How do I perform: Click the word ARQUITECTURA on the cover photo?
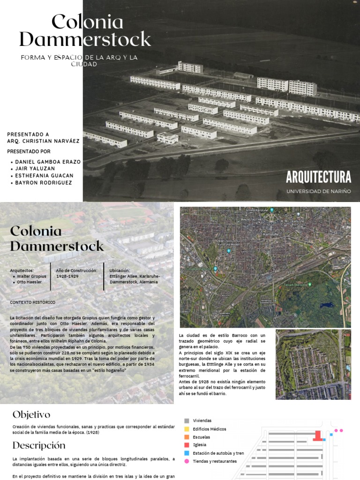(x=318, y=177)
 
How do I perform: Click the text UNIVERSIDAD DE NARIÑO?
(x=318, y=191)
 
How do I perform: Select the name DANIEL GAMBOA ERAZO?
(x=48, y=162)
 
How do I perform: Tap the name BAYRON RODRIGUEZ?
(x=44, y=183)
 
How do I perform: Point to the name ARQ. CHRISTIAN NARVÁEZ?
(x=43, y=141)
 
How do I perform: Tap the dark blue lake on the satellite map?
(x=325, y=305)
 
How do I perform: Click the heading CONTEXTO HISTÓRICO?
(x=32, y=302)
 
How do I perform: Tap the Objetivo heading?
(x=31, y=414)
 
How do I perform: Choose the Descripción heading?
(x=39, y=445)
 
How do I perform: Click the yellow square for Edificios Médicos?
(x=187, y=429)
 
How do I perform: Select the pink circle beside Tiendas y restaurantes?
(x=187, y=461)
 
